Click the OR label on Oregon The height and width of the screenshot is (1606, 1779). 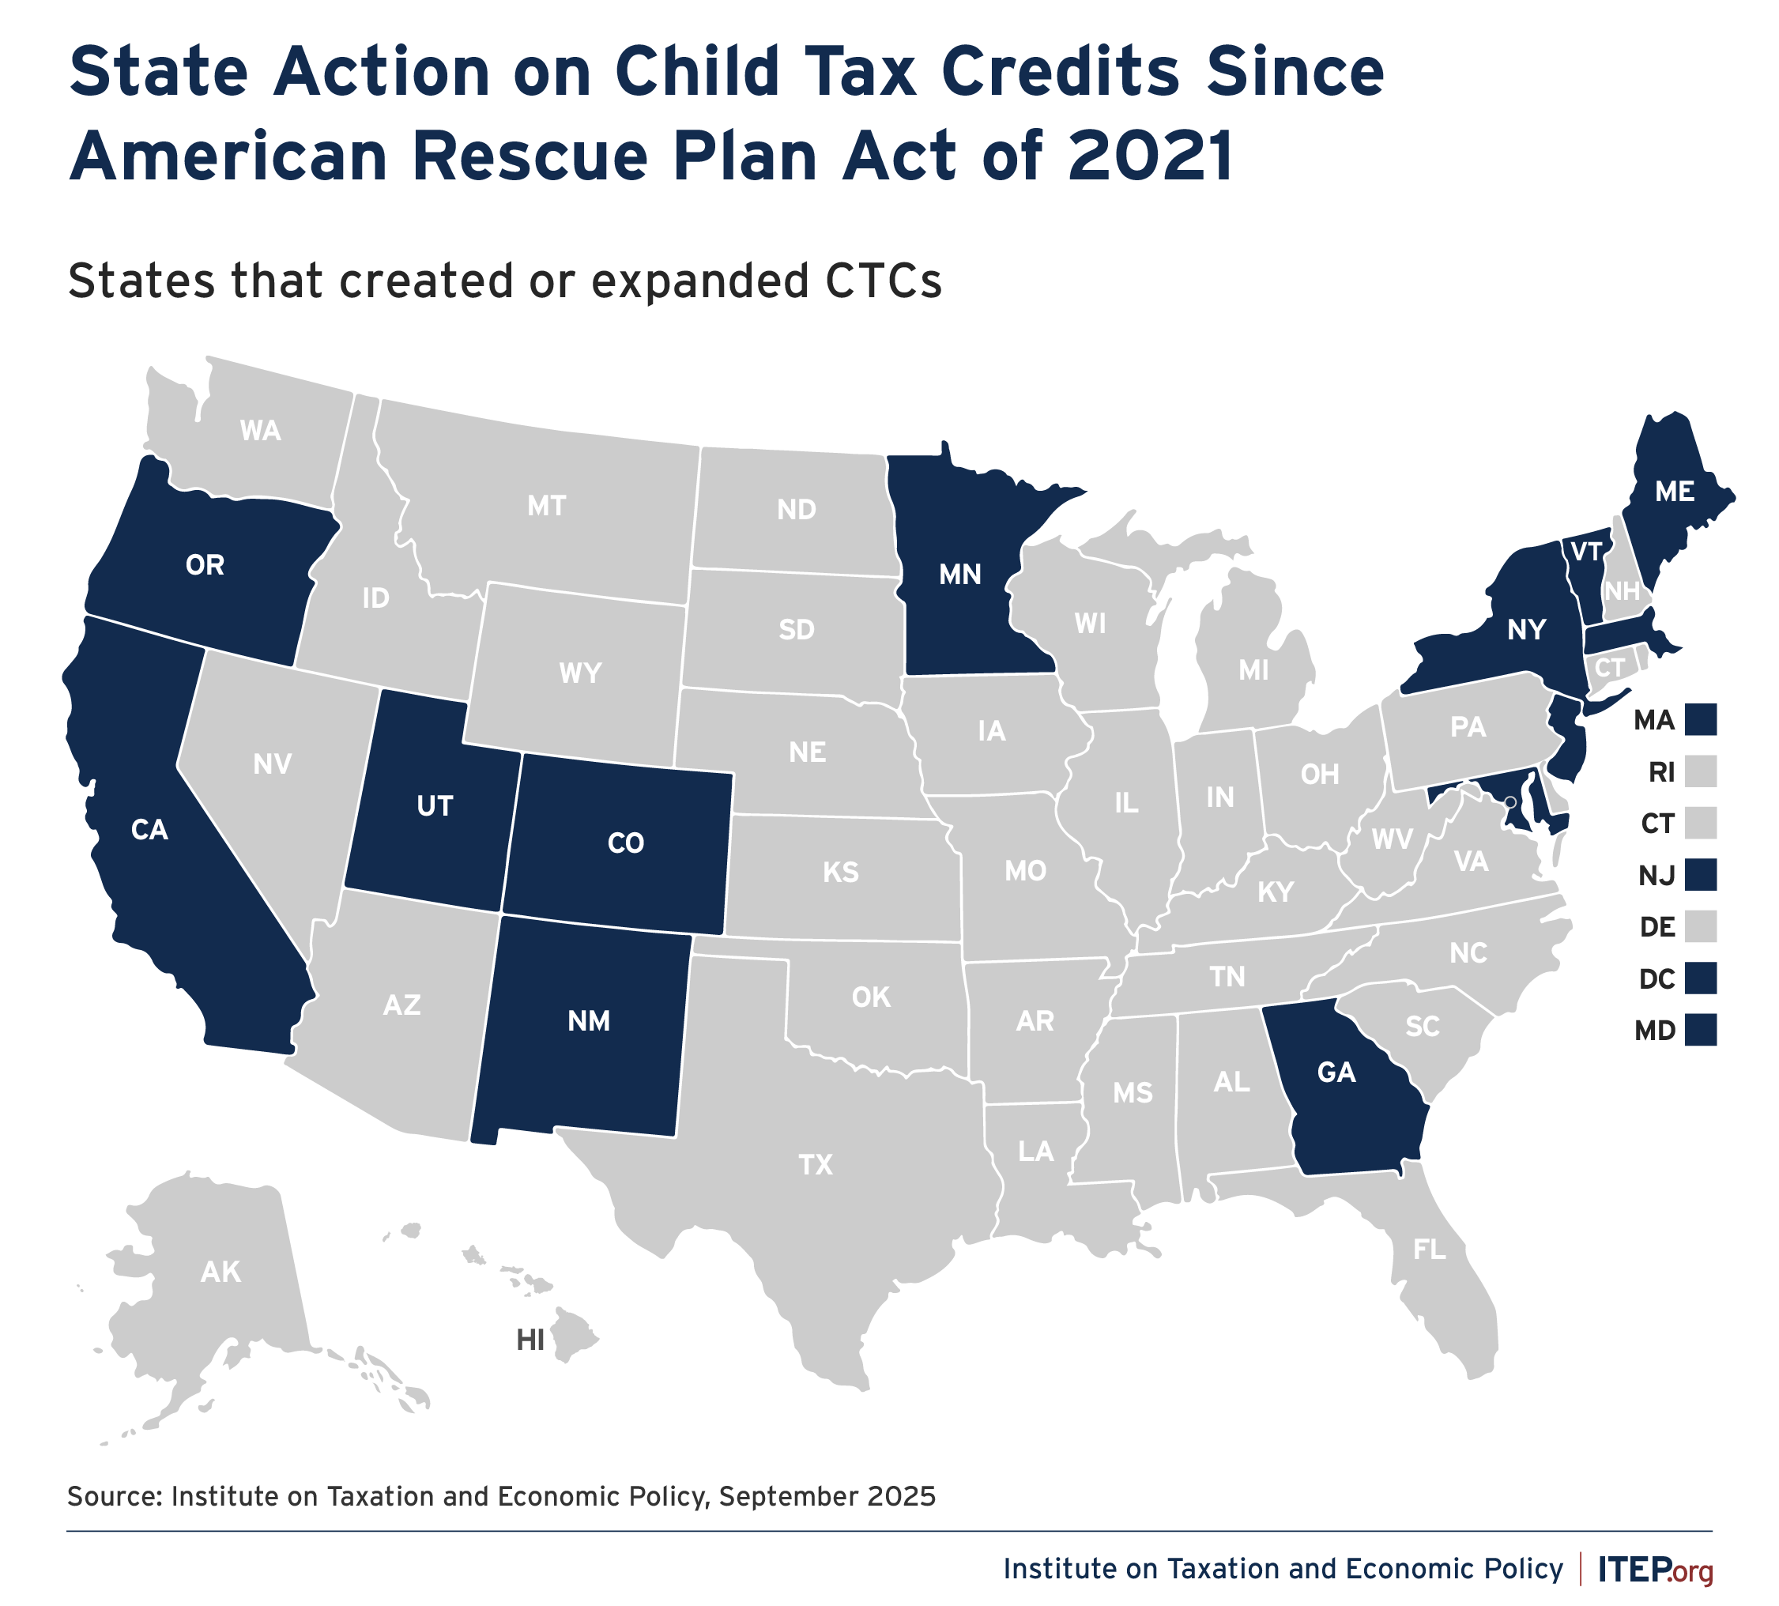pyautogui.click(x=205, y=565)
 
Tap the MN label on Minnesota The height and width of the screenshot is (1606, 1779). pyautogui.click(x=960, y=575)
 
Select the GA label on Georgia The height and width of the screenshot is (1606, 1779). pyautogui.click(x=1336, y=1073)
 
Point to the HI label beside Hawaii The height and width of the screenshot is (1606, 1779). pyautogui.click(x=530, y=1341)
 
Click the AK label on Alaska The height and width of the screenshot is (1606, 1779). pyautogui.click(x=220, y=1272)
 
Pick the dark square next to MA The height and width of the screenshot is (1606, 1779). pyautogui.click(x=1701, y=720)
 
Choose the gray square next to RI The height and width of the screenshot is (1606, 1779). pyautogui.click(x=1701, y=771)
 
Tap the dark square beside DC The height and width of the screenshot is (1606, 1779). pyautogui.click(x=1701, y=978)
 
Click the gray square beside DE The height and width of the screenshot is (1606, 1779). pyautogui.click(x=1701, y=926)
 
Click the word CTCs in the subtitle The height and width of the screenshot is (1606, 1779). pyautogui.click(x=884, y=281)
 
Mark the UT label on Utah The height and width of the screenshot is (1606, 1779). pyautogui.click(x=434, y=805)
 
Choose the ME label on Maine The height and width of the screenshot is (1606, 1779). pyautogui.click(x=1675, y=492)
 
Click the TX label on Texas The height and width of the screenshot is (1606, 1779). pyautogui.click(x=816, y=1165)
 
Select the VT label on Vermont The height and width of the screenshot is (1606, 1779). pyautogui.click(x=1587, y=552)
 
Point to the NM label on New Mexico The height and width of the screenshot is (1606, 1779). pyautogui.click(x=589, y=1021)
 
